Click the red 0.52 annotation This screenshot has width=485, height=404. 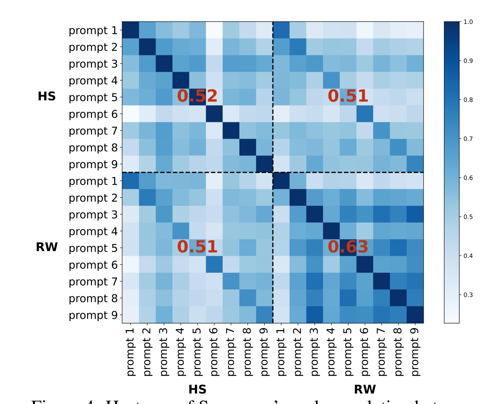tap(197, 96)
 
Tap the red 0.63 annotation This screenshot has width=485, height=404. tap(348, 247)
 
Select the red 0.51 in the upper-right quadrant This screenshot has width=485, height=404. tap(348, 96)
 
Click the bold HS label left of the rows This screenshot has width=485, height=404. tap(46, 97)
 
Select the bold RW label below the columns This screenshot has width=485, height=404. tap(365, 389)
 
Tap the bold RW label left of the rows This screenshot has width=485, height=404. tap(46, 247)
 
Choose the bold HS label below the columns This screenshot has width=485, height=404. tap(197, 389)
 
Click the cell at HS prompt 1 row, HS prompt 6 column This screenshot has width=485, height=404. tap(214, 30)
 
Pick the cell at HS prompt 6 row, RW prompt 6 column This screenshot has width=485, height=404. tap(365, 114)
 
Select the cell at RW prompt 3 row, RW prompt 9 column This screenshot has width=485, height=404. tap(415, 214)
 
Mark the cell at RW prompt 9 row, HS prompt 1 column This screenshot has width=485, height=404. tap(130, 314)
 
